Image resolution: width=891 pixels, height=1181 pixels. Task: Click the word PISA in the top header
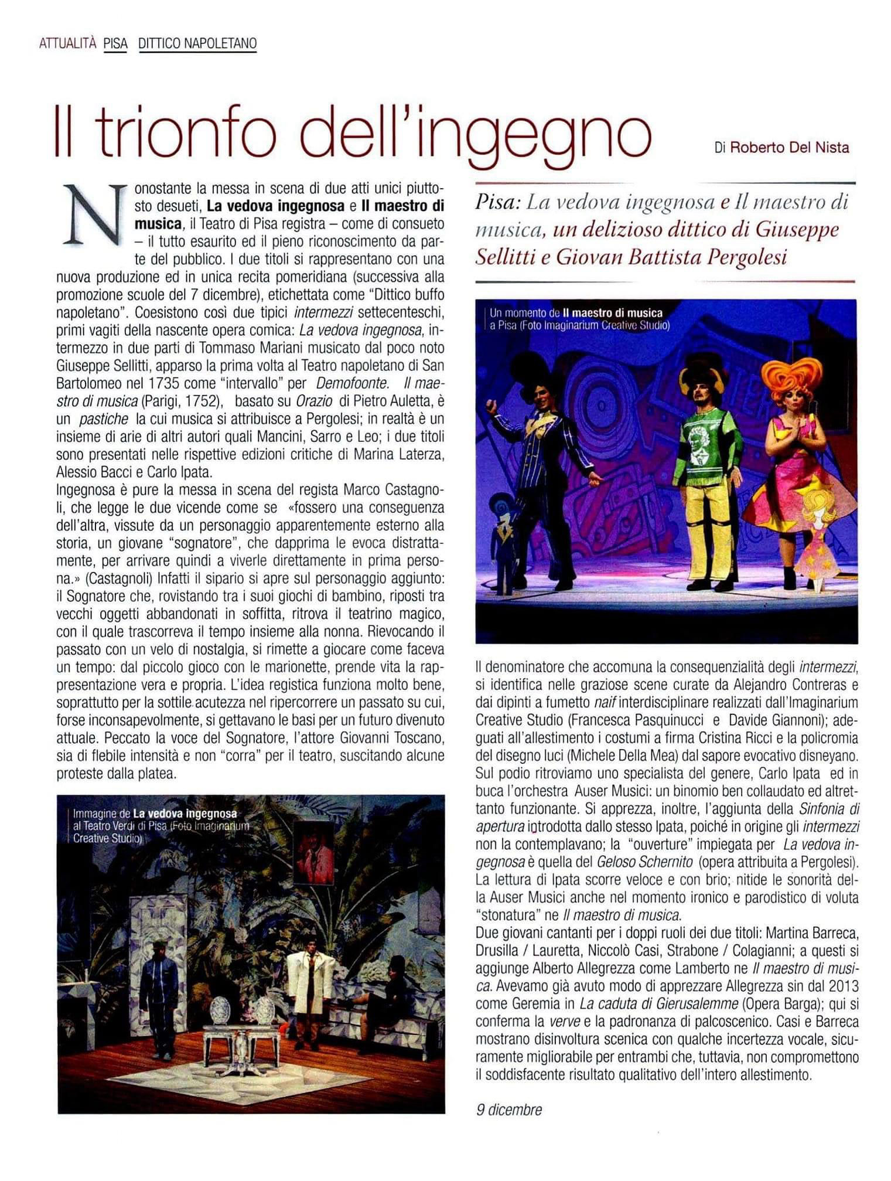tap(115, 43)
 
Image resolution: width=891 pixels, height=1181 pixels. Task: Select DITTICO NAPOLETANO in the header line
tap(197, 43)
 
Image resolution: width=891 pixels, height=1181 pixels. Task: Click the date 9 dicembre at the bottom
tap(508, 1109)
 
